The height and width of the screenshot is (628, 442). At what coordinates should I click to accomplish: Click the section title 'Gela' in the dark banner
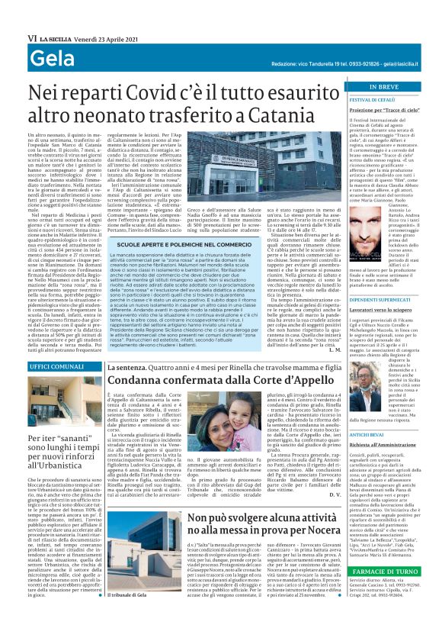click(52, 58)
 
